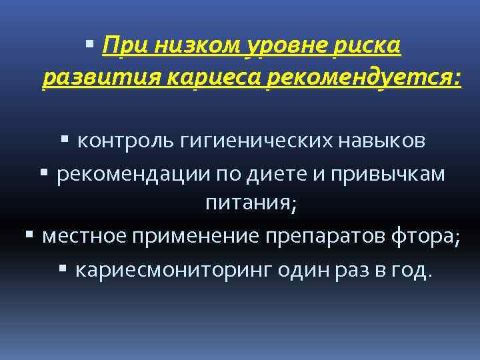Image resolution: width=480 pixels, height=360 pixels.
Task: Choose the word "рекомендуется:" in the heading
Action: pos(363,79)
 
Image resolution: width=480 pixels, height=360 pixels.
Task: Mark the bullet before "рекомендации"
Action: pos(44,173)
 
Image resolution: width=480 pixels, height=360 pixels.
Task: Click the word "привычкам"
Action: pos(400,173)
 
